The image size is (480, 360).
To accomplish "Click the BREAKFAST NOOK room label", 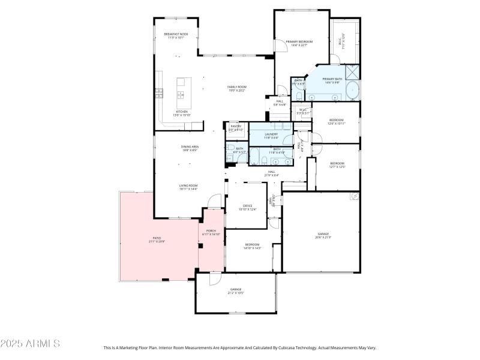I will click(176, 34).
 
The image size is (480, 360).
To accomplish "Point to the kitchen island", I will click(180, 92).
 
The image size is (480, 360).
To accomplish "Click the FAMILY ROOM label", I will click(237, 87).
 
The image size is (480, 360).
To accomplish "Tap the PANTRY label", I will click(235, 126).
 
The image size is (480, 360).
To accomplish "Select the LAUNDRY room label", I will click(271, 134).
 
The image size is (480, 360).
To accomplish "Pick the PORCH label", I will click(211, 231).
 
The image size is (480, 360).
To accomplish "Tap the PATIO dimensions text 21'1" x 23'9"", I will click(157, 242).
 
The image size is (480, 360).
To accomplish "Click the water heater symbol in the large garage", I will click(355, 197).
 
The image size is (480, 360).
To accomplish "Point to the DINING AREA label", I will click(190, 146).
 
